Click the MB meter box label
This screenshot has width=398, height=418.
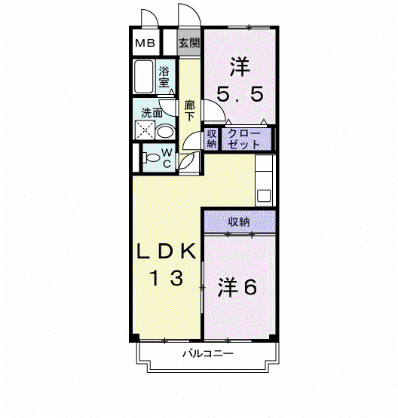click(145, 43)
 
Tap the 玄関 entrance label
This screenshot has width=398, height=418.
click(189, 43)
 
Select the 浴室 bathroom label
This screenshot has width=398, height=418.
click(164, 77)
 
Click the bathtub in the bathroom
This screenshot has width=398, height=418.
click(144, 76)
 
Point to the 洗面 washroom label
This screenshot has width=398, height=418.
click(152, 113)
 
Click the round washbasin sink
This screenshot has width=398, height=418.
click(165, 132)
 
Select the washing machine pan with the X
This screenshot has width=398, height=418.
click(145, 130)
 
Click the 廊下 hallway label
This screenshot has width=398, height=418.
click(190, 111)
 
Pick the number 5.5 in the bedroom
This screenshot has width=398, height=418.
click(240, 94)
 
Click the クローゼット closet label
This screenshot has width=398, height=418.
click(244, 139)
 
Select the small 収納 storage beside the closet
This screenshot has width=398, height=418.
click(212, 139)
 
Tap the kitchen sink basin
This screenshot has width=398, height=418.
click(264, 196)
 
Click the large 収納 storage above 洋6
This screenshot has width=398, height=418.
click(240, 221)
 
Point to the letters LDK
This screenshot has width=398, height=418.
click(167, 251)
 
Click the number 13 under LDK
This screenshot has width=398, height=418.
click(167, 278)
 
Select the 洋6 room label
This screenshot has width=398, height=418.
click(237, 287)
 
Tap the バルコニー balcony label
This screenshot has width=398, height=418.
click(208, 354)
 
